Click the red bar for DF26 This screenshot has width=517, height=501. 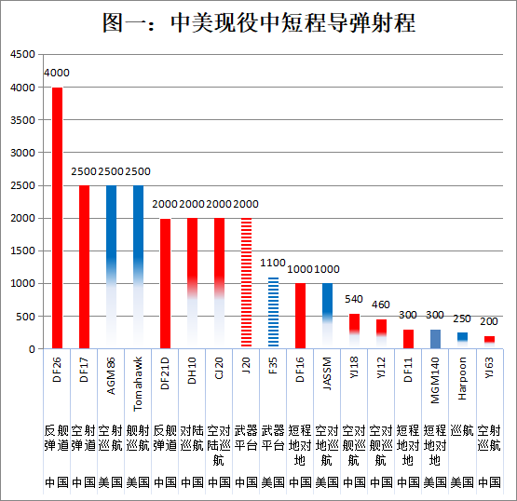[x=57, y=218]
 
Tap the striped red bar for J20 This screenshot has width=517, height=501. [x=246, y=283]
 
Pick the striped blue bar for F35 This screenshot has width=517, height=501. [x=273, y=312]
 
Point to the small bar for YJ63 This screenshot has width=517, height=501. [x=489, y=340]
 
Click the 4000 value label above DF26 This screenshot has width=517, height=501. [x=57, y=73]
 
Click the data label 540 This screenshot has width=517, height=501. [x=355, y=300]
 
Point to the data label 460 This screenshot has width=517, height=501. [x=382, y=305]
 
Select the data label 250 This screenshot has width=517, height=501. [x=462, y=318]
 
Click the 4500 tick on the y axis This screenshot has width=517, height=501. [x=22, y=55]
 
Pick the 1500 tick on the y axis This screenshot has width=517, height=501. [x=22, y=251]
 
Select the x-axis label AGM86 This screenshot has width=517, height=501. [x=111, y=383]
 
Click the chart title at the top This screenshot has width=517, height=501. [x=258, y=22]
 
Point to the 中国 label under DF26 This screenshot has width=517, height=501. [x=57, y=482]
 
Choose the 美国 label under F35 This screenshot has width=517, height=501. [x=273, y=482]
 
